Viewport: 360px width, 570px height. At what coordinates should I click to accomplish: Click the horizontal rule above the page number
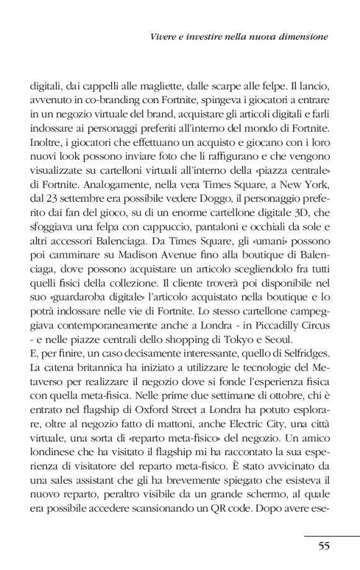pyautogui.click(x=331, y=534)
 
